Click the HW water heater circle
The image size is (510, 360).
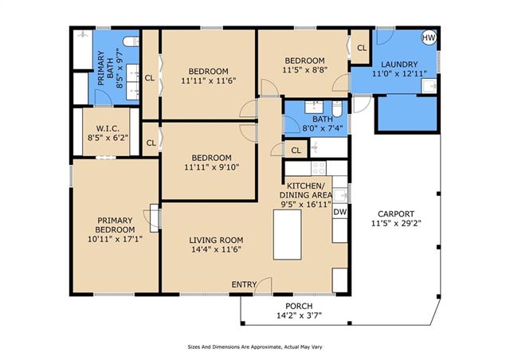click(429, 37)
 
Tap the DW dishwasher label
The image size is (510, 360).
click(340, 213)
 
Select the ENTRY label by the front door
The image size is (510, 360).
click(244, 284)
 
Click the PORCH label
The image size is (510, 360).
click(299, 306)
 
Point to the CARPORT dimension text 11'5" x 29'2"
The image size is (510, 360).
click(396, 224)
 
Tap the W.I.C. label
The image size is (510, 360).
click(108, 128)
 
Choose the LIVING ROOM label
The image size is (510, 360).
click(216, 241)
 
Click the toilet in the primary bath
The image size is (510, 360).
click(131, 41)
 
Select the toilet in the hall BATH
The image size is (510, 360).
click(337, 108)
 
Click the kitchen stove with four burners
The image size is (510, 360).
click(319, 168)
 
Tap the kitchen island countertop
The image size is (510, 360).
click(287, 234)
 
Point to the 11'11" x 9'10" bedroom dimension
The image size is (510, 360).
click(212, 167)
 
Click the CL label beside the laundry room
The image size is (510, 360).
click(362, 48)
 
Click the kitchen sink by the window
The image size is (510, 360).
click(340, 195)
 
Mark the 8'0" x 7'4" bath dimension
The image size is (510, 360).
click(323, 128)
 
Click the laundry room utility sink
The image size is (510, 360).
click(430, 86)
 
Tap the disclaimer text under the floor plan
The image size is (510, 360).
click(255, 347)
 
